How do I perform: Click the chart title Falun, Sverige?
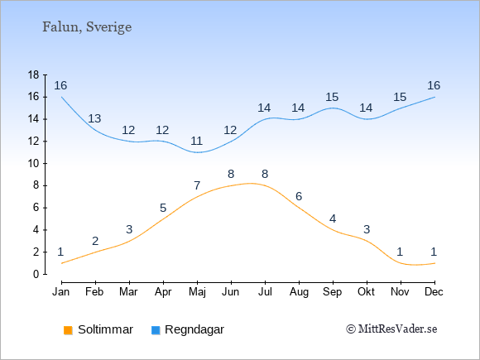[87, 27]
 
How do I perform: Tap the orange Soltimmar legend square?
[68, 330]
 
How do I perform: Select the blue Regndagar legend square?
[156, 330]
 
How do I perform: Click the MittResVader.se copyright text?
[391, 329]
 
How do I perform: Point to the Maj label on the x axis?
[197, 292]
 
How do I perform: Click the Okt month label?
[366, 292]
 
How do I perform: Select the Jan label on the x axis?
[61, 292]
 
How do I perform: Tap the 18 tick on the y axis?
[34, 74]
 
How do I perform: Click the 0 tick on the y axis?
[36, 274]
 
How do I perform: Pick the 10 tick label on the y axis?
[34, 163]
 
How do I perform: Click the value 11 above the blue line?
[196, 142]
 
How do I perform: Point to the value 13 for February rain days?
[94, 118]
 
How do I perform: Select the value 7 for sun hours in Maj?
[197, 185]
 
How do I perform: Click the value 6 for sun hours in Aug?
[299, 196]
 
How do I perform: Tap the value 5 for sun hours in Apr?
[163, 209]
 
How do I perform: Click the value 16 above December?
[434, 85]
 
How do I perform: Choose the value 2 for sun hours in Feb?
[95, 241]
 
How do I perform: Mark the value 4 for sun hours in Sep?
[333, 218]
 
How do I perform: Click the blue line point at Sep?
[333, 108]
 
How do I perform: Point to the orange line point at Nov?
[401, 263]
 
